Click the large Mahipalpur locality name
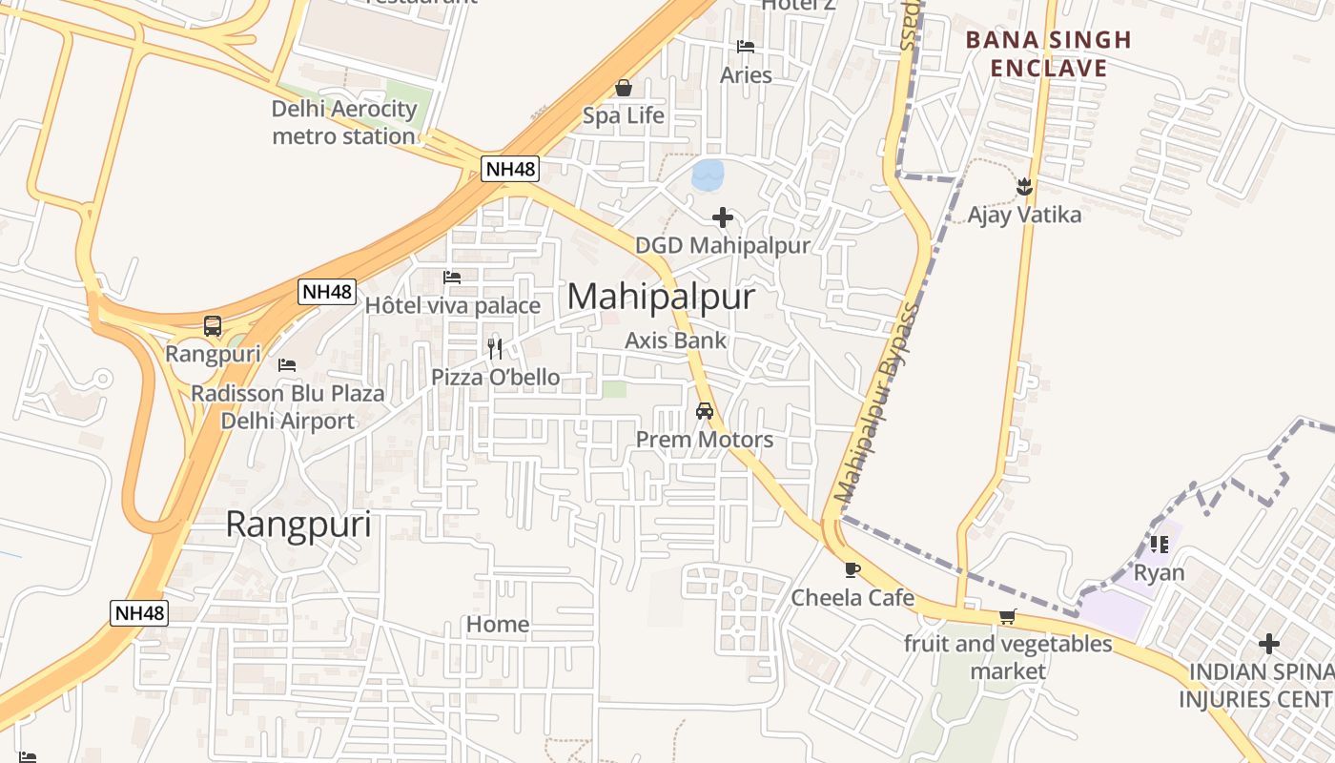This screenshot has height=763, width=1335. [x=661, y=297]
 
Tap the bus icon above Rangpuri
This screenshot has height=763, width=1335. [x=213, y=326]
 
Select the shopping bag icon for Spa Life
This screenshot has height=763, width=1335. [x=624, y=89]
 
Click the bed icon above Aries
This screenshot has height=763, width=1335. [x=746, y=46]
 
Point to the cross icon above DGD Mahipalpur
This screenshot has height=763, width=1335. [x=723, y=217]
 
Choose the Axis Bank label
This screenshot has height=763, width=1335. [x=675, y=340]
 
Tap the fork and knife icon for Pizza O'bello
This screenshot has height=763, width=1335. [x=495, y=348]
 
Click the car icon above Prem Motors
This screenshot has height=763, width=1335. [x=705, y=411]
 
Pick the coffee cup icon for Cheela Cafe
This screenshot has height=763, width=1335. [x=852, y=569]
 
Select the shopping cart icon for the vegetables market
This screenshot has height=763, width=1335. [x=1008, y=617]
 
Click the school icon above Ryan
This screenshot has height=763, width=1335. [x=1160, y=545]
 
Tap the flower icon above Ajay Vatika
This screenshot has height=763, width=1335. [x=1025, y=187]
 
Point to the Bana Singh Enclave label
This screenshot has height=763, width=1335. [x=1048, y=53]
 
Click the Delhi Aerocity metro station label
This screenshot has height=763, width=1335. [x=344, y=122]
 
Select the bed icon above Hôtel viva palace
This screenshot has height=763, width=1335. [x=452, y=278]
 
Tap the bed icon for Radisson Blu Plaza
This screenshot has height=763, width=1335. [x=287, y=365]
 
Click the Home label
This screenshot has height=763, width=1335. [x=498, y=625]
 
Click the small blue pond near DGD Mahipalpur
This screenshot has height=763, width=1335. [x=708, y=174]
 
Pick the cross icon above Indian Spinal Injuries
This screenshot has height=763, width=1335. [x=1268, y=644]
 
